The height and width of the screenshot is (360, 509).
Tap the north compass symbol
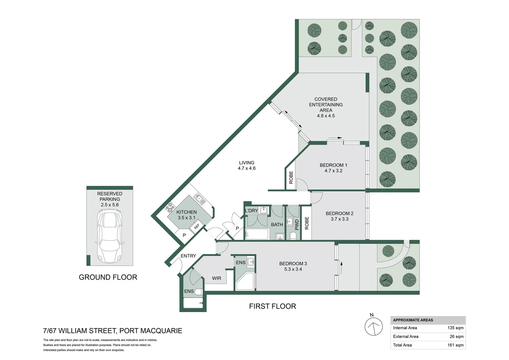373,327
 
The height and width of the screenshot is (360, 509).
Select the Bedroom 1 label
333,165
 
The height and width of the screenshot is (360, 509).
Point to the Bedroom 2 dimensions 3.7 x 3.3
339,219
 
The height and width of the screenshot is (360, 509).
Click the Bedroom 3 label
293,263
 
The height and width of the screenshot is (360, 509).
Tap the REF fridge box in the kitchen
196,227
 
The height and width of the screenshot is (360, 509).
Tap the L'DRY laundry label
251,211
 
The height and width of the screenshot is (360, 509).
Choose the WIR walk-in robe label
217,278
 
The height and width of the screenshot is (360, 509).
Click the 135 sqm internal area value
455,328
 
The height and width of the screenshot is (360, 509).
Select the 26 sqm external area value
456,336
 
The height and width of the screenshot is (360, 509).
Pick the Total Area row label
402,345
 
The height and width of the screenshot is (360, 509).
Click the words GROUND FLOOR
108,277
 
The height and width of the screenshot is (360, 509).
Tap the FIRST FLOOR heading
272,306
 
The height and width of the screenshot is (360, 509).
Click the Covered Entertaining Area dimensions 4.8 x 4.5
326,116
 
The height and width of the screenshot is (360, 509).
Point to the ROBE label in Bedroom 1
291,177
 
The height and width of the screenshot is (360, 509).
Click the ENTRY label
188,256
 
